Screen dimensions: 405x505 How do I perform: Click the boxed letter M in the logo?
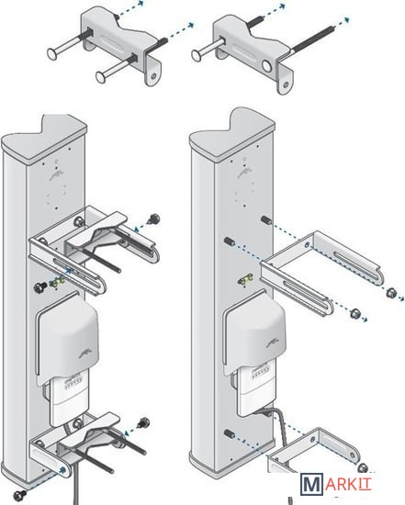click(x=311, y=483)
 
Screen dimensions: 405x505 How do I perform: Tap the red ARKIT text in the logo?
click(x=348, y=484)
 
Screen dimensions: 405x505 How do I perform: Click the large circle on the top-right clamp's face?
click(x=266, y=66)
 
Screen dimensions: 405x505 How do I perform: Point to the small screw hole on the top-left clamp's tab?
click(x=153, y=76)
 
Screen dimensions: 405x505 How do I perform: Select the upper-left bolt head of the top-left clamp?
click(x=52, y=54)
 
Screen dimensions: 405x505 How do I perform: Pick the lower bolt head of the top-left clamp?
click(x=101, y=76)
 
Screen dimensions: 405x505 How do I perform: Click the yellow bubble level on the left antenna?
click(x=58, y=283)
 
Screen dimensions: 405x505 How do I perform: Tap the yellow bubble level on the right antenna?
click(x=245, y=279)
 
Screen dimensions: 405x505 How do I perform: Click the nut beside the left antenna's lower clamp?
click(x=143, y=422)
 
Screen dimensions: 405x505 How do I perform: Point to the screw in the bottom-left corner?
click(x=20, y=494)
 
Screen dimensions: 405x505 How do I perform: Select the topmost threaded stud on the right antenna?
click(x=266, y=220)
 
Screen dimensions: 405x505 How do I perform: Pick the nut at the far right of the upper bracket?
click(x=391, y=292)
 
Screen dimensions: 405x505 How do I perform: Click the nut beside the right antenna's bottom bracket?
click(x=363, y=467)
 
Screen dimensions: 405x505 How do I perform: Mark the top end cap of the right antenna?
click(x=232, y=134)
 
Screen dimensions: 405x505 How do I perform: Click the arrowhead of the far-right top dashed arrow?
click(x=346, y=20)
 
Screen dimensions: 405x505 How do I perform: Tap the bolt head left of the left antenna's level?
click(x=40, y=287)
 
